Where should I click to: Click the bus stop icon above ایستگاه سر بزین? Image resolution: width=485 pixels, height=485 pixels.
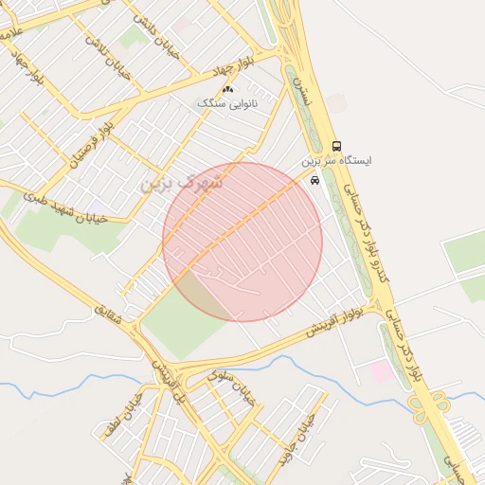coord(337,146)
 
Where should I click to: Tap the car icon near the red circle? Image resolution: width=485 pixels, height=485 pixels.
coord(314,180)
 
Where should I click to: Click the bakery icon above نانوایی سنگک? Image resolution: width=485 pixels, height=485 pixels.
coord(227,89)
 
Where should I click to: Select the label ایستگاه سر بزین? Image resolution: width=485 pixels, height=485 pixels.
coord(337,161)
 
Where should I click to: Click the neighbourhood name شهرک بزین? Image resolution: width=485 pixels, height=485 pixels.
coord(181,182)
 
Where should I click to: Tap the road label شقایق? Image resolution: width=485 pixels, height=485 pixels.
coord(108,317)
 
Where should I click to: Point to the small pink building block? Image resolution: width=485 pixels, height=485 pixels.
coord(381,371)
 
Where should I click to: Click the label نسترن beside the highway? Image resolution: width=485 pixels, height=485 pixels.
coord(302,90)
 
